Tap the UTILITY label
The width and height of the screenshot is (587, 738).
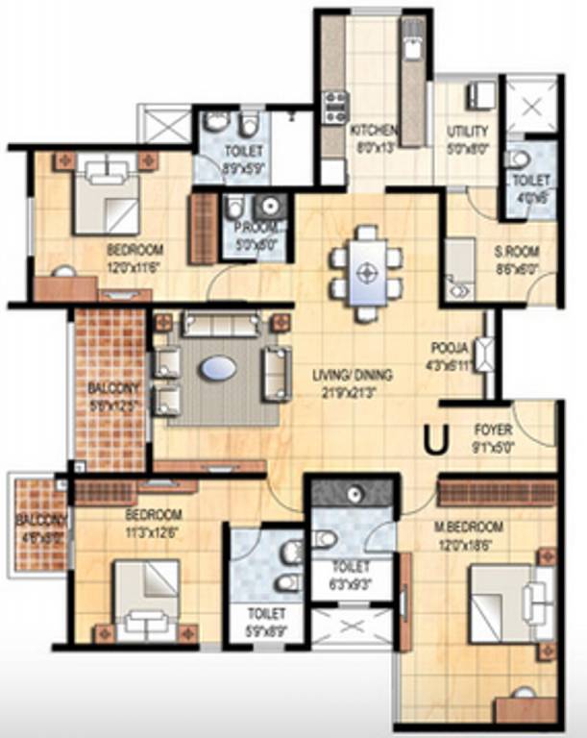click(468, 131)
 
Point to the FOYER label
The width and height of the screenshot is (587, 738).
click(493, 430)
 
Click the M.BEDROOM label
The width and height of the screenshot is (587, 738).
click(469, 527)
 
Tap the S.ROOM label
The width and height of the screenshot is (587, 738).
click(517, 253)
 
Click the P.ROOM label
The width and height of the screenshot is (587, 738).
click(256, 228)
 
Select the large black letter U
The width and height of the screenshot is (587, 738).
click(436, 439)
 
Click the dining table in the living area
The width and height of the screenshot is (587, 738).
click(365, 272)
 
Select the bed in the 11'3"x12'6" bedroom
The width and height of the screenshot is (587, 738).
click(146, 597)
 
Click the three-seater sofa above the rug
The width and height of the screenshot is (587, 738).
click(220, 326)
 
